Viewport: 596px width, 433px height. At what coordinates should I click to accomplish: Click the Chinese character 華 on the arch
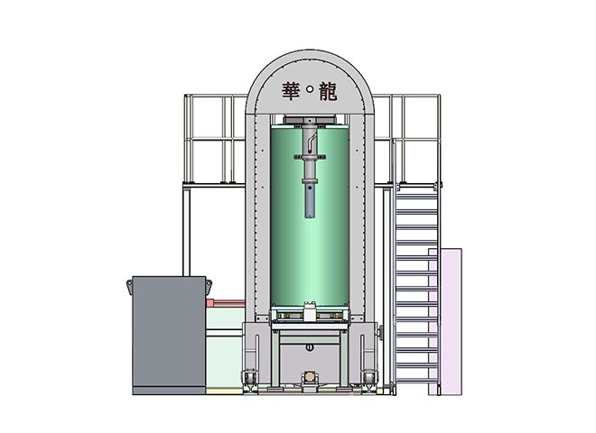(291, 91)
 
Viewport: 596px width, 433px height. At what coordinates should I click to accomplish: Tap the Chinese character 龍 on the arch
(328, 91)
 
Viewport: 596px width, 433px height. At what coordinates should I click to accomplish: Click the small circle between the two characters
(310, 89)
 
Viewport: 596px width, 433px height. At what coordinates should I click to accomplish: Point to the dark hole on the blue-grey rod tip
(310, 188)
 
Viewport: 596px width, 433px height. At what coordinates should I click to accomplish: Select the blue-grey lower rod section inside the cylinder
(310, 201)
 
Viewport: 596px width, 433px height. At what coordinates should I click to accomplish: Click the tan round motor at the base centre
(310, 377)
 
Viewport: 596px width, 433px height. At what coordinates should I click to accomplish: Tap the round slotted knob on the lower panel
(310, 347)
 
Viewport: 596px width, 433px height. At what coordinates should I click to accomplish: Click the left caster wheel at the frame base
(249, 379)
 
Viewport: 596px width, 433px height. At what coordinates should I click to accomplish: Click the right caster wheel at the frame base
(369, 379)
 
